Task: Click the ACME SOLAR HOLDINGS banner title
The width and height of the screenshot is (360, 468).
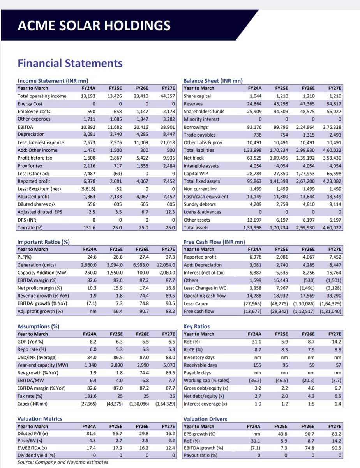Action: (x=94, y=26)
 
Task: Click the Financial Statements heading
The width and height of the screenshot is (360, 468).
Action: (x=70, y=63)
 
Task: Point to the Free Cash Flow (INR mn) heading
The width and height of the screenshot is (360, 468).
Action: (x=214, y=242)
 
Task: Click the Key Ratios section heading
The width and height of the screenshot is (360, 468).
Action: (x=196, y=326)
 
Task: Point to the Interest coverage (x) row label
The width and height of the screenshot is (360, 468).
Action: (x=205, y=404)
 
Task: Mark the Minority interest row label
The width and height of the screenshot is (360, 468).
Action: (x=202, y=119)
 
